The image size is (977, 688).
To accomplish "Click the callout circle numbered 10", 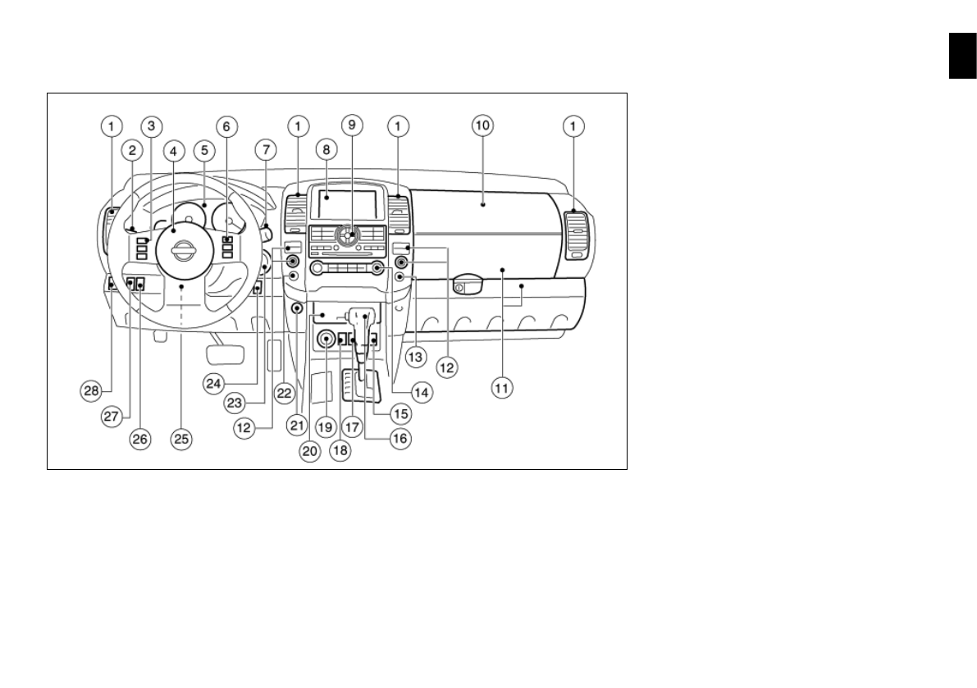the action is pyautogui.click(x=482, y=125).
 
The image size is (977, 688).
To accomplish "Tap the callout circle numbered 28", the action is pyautogui.click(x=92, y=391).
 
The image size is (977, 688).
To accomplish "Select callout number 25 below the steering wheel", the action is pyautogui.click(x=180, y=439).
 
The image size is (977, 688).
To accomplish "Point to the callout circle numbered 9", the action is pyautogui.click(x=352, y=125).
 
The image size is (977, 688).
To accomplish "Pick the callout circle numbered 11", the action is pyautogui.click(x=501, y=388).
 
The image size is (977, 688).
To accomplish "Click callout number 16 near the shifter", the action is pyautogui.click(x=399, y=439).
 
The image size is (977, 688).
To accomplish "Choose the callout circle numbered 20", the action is pyautogui.click(x=310, y=451).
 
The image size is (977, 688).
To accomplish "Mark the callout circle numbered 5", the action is pyautogui.click(x=203, y=150).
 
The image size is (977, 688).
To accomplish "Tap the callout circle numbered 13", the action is pyautogui.click(x=416, y=357).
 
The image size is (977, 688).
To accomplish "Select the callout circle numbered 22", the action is pyautogui.click(x=284, y=393).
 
